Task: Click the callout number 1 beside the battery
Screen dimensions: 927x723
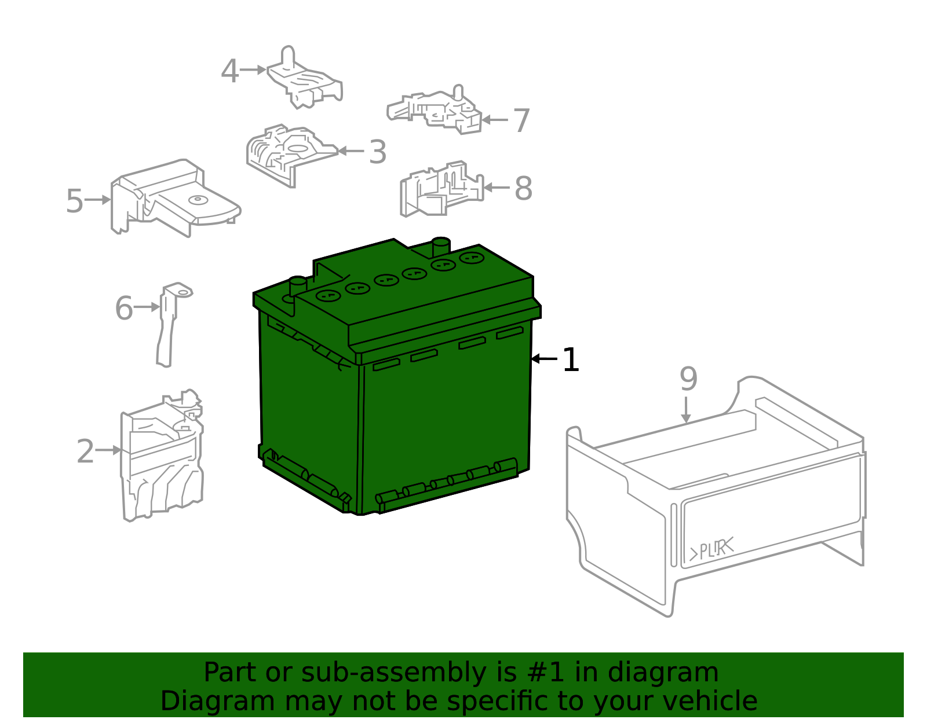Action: click(570, 360)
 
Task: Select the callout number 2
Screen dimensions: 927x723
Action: click(85, 451)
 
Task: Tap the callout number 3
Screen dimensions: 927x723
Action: click(378, 152)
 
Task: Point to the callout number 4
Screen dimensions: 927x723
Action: click(230, 71)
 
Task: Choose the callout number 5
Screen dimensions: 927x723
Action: click(75, 201)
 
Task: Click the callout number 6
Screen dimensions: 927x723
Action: click(124, 308)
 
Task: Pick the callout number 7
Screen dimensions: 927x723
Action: click(521, 120)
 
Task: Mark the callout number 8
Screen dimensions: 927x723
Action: click(523, 188)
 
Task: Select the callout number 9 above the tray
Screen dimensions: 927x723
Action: click(688, 379)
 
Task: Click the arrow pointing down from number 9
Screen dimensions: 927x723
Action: click(686, 410)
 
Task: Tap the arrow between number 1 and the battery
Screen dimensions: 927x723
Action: click(545, 359)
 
